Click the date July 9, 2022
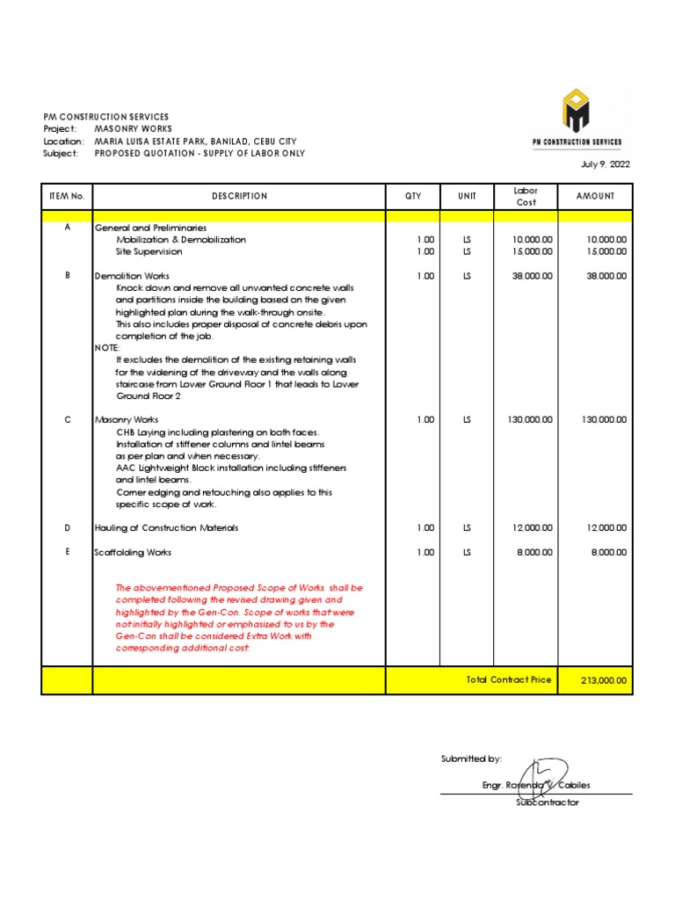(x=606, y=164)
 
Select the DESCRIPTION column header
(x=239, y=196)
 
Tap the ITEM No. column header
(x=67, y=196)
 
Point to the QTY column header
(x=413, y=196)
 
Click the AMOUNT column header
(x=595, y=196)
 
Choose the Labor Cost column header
(x=526, y=196)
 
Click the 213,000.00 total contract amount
(x=605, y=680)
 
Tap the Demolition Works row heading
(x=132, y=276)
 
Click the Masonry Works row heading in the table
(x=127, y=420)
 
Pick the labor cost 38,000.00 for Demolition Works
(x=533, y=276)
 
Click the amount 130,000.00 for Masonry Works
(x=604, y=420)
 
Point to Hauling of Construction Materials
(x=166, y=528)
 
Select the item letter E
(x=67, y=552)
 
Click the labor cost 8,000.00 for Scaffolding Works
(x=536, y=553)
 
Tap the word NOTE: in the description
(x=107, y=348)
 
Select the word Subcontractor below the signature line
(x=547, y=802)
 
